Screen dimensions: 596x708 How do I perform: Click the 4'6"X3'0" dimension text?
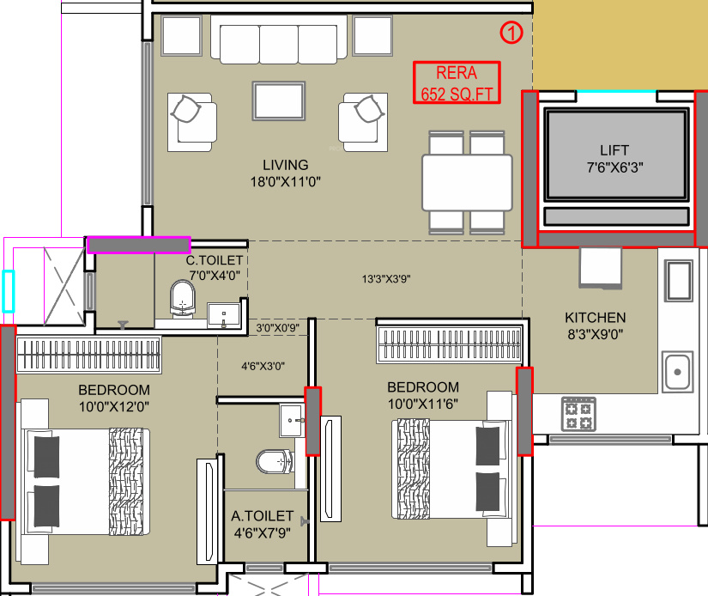pyautogui.click(x=263, y=366)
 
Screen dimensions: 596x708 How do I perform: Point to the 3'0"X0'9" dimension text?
pyautogui.click(x=279, y=327)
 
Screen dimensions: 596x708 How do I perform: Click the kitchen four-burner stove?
pyautogui.click(x=579, y=414)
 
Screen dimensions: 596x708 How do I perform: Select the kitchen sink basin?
pyautogui.click(x=677, y=372)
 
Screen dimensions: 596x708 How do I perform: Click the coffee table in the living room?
pyautogui.click(x=278, y=101)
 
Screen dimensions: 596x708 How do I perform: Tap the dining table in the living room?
pyautogui.click(x=467, y=182)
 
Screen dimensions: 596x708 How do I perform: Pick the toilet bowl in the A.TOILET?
pyautogui.click(x=272, y=463)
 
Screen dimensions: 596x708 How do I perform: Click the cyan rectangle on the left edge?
pyautogui.click(x=8, y=290)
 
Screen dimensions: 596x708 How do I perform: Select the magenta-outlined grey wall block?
pyautogui.click(x=138, y=245)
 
